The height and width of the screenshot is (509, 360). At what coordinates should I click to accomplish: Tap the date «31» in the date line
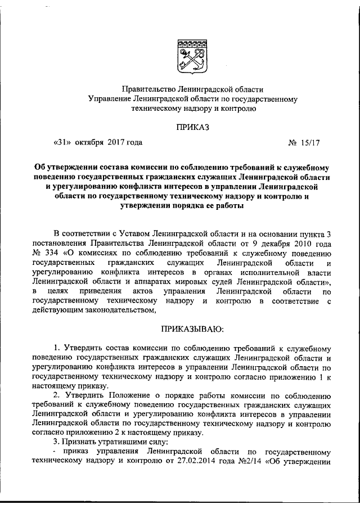point(62,143)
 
